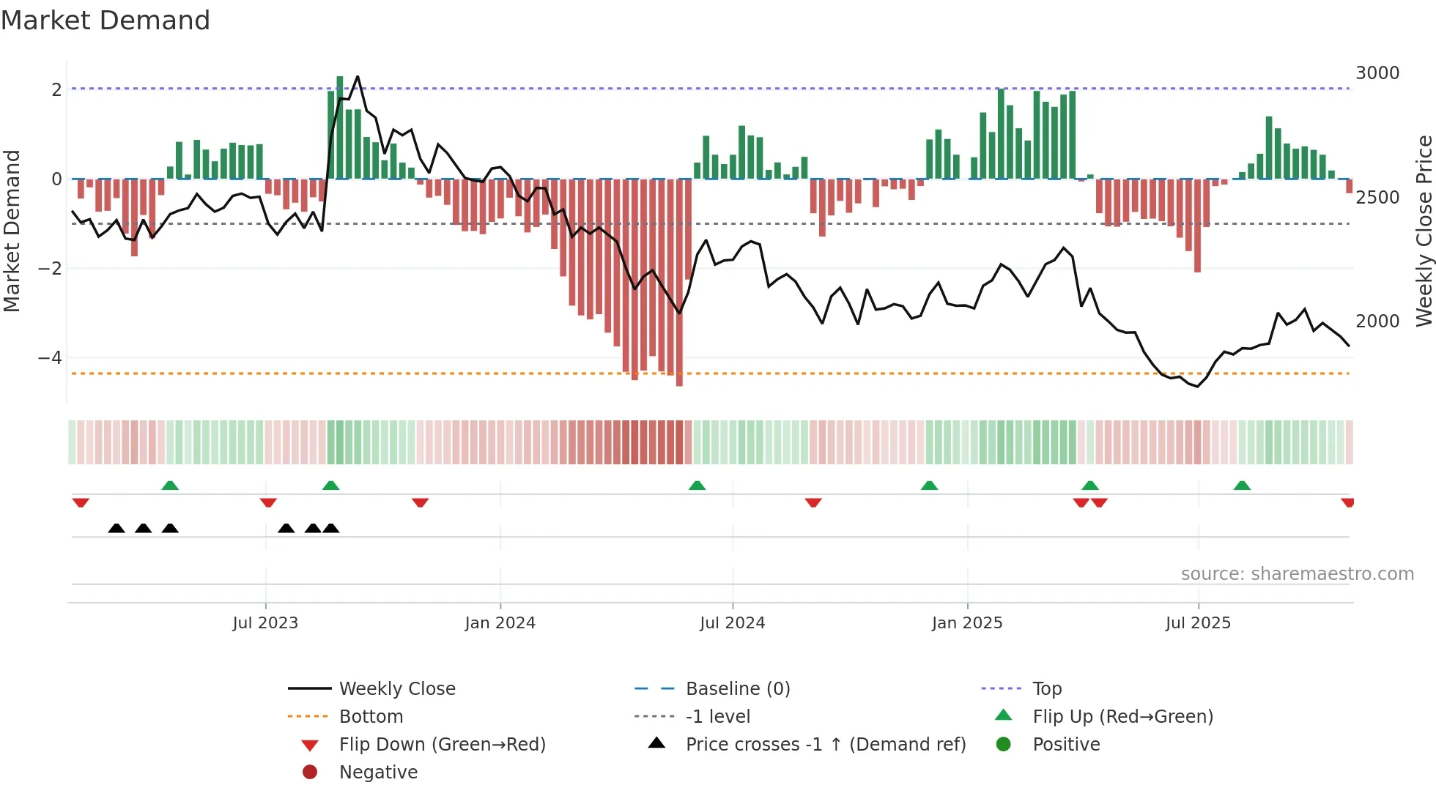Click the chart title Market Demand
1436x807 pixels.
pos(106,21)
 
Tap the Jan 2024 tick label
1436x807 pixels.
pos(500,623)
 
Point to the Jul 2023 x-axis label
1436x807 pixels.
pos(265,623)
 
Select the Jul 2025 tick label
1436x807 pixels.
pos(1198,623)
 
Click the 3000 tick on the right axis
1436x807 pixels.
pos(1377,73)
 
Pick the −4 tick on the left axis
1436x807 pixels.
pos(50,358)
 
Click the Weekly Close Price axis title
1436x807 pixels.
pos(1424,231)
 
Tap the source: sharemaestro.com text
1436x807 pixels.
pos(1297,574)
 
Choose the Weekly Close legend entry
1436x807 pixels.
pos(396,689)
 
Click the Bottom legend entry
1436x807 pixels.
pos(371,717)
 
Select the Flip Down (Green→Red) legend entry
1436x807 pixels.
pos(442,745)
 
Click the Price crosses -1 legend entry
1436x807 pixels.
pos(825,745)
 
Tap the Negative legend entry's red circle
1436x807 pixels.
pos(310,773)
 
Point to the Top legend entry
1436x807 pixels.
pos(1046,689)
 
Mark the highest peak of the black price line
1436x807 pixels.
pos(358,77)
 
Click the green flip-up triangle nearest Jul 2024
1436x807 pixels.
pos(697,486)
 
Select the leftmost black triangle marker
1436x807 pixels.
pos(116,528)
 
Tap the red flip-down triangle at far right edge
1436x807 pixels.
pos(1347,502)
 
